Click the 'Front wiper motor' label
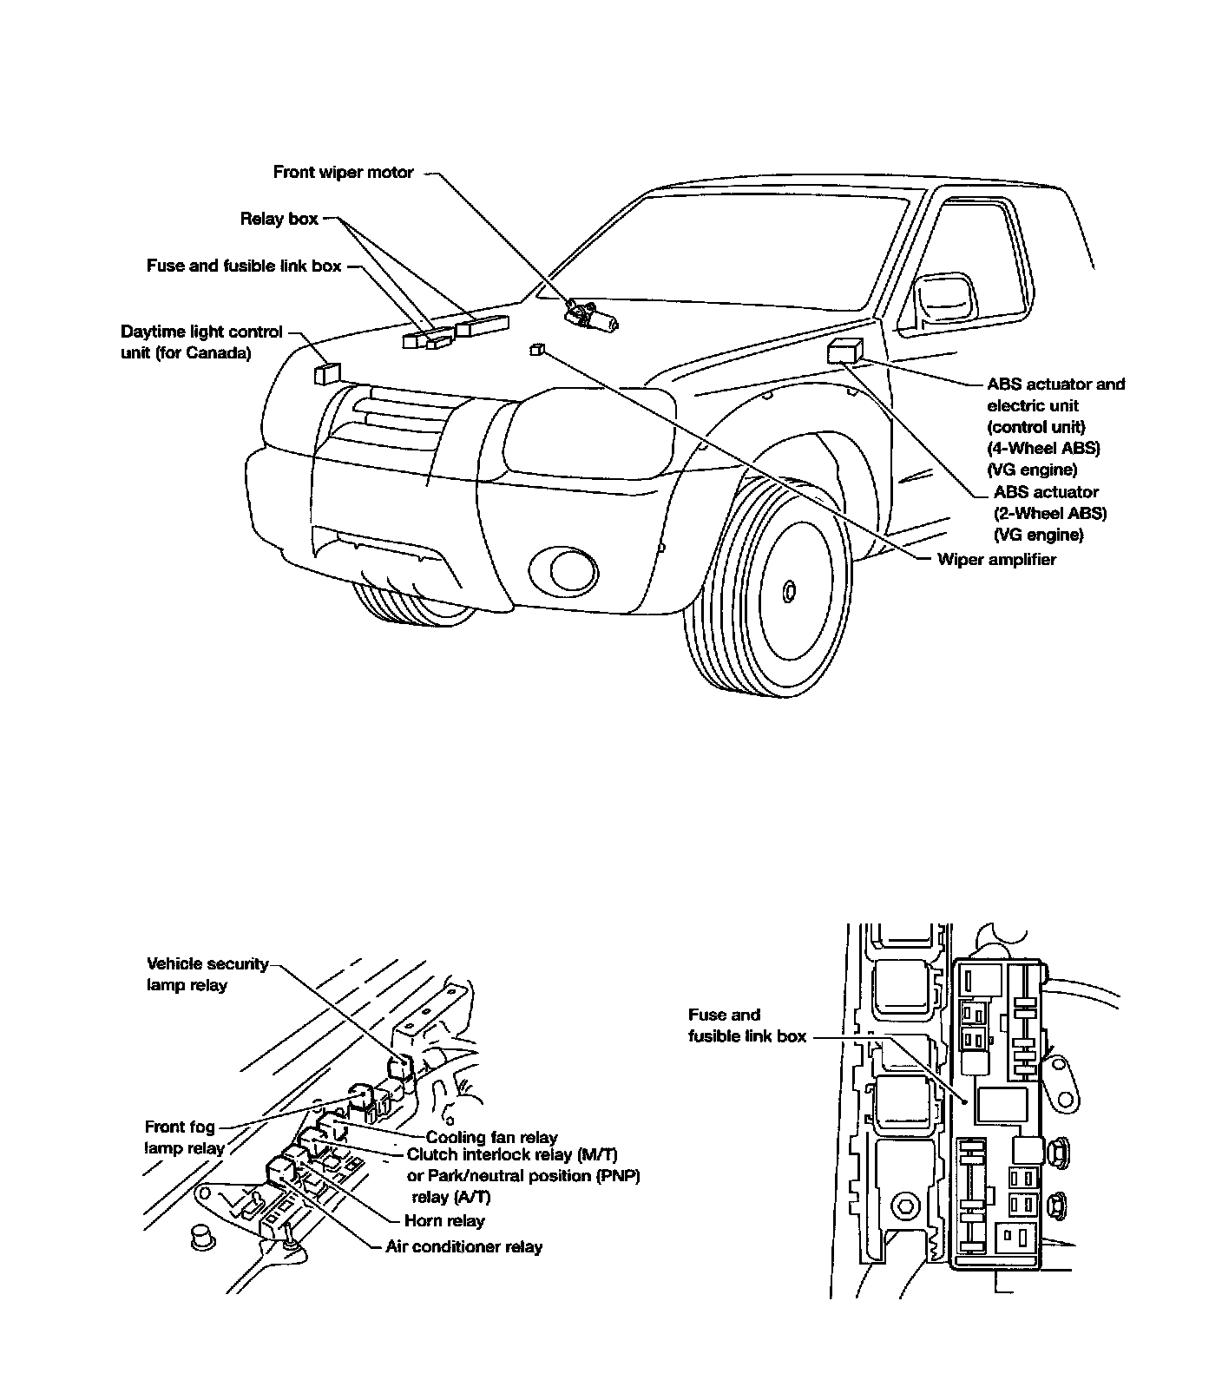click(343, 173)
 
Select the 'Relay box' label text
click(279, 220)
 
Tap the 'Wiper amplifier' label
click(996, 560)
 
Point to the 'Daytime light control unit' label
click(201, 343)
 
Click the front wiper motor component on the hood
click(591, 317)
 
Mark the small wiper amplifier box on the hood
click(536, 350)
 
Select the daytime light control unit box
click(326, 374)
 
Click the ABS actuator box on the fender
click(844, 352)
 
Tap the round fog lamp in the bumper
click(563, 568)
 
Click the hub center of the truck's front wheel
click(789, 592)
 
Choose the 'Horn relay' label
click(444, 1221)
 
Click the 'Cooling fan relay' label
click(491, 1137)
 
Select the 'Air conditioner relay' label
click(464, 1247)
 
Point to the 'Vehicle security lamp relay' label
click(207, 975)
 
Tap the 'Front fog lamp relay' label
click(184, 1138)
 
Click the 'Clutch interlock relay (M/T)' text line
click(512, 1155)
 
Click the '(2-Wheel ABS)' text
click(1050, 513)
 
